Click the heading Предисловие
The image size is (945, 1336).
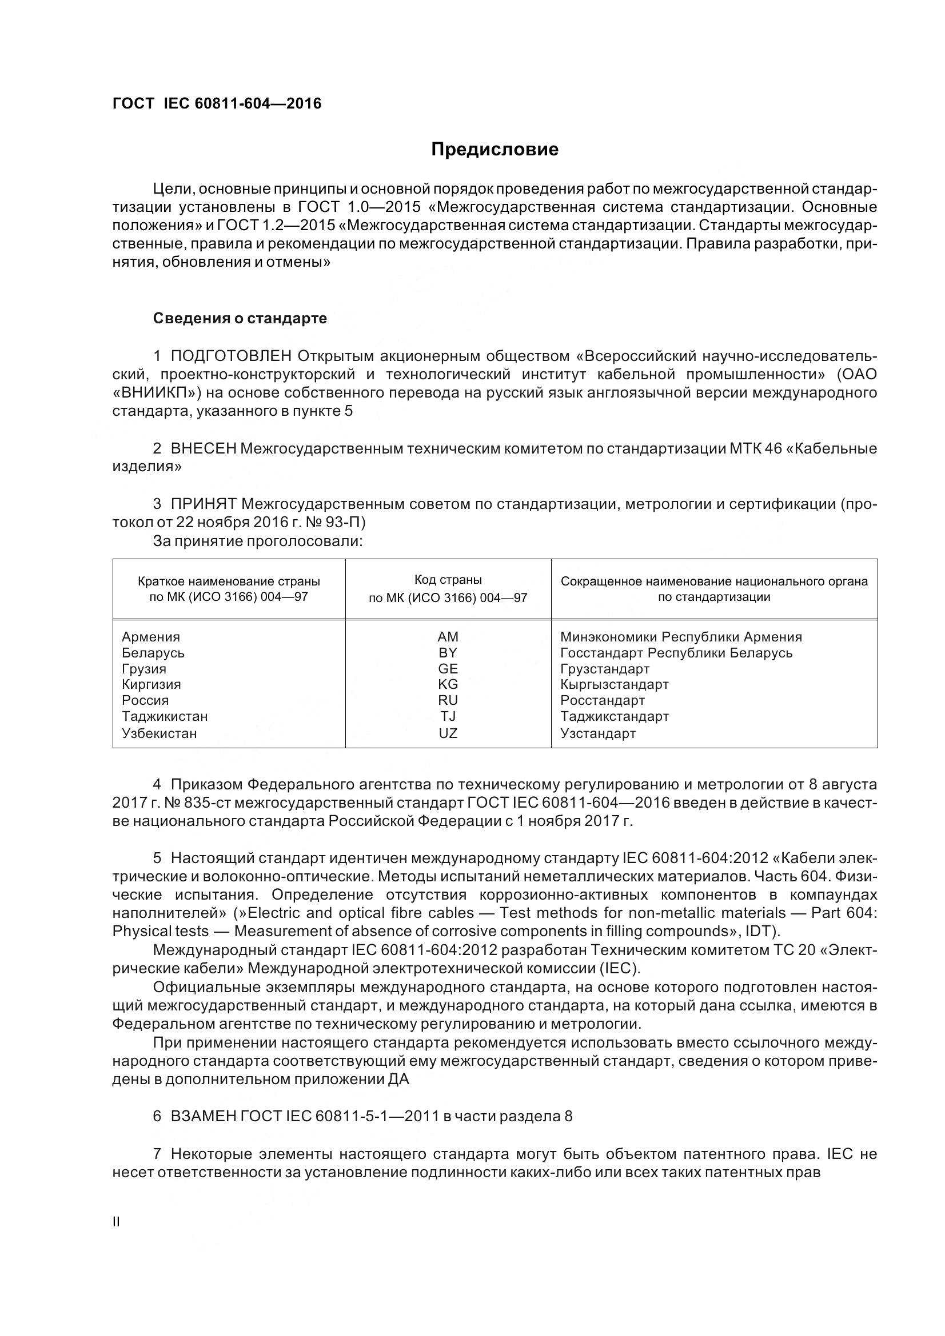pos(495,150)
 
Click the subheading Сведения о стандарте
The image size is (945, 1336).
pos(240,318)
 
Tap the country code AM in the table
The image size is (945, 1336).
pos(448,636)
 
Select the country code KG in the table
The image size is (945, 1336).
pos(448,684)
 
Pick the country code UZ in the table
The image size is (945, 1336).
pos(448,733)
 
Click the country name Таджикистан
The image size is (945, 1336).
pos(165,716)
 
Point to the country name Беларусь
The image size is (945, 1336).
pos(153,653)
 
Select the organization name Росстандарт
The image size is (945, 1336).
pos(603,701)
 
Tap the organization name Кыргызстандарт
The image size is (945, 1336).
pos(615,684)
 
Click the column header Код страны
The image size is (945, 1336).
pos(448,580)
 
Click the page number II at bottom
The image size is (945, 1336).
pos(116,1222)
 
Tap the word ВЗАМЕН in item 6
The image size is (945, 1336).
pos(203,1116)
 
